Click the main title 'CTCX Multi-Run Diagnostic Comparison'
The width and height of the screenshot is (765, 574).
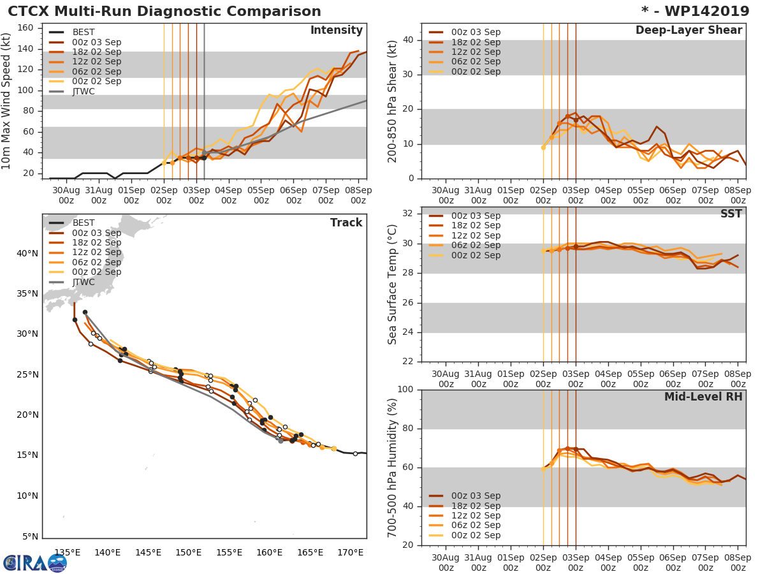[164, 11]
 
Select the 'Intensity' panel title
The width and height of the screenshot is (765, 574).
[336, 31]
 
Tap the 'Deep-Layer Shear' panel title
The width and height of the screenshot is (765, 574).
[688, 31]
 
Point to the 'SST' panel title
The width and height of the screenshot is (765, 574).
[731, 214]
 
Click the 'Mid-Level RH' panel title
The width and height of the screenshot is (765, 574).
[703, 397]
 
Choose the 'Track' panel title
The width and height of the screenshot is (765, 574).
[346, 223]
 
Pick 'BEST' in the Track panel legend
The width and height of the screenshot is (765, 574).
[84, 223]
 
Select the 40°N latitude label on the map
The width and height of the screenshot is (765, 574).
[27, 253]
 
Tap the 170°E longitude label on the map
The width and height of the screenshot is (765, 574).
[351, 552]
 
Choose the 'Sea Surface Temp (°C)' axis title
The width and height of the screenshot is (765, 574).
[392, 284]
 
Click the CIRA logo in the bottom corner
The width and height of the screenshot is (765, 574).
[35, 563]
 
